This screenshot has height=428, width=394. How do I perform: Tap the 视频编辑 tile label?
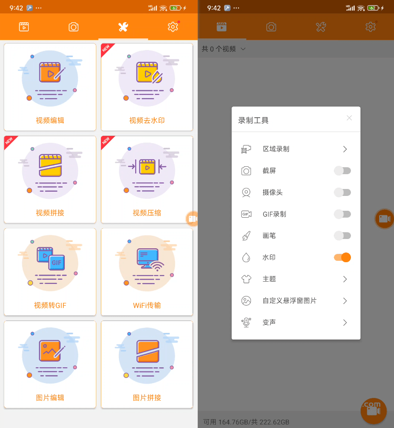pyautogui.click(x=50, y=120)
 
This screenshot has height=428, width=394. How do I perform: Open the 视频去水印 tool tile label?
pyautogui.click(x=147, y=120)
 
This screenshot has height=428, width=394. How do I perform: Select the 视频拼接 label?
pyautogui.click(x=50, y=213)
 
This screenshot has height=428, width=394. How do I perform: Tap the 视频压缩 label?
pyautogui.click(x=147, y=213)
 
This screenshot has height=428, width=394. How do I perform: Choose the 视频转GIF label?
pyautogui.click(x=50, y=306)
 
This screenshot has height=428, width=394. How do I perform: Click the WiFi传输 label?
pyautogui.click(x=147, y=306)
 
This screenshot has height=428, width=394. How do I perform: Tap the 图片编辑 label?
pyautogui.click(x=50, y=398)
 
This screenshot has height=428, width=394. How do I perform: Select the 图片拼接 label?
pyautogui.click(x=147, y=398)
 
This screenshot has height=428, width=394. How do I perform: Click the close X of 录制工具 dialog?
pyautogui.click(x=349, y=118)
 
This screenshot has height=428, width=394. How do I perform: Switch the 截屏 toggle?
pyautogui.click(x=343, y=171)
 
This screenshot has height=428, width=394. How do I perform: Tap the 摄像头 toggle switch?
pyautogui.click(x=343, y=192)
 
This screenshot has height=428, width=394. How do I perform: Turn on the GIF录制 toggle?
pyautogui.click(x=343, y=214)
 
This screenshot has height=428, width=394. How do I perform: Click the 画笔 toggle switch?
pyautogui.click(x=343, y=236)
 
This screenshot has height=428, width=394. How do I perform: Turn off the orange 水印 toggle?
pyautogui.click(x=343, y=257)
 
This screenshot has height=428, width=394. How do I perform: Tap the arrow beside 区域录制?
pyautogui.click(x=345, y=149)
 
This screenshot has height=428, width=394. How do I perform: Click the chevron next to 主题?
pyautogui.click(x=345, y=279)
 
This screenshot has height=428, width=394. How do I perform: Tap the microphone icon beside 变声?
pyautogui.click(x=246, y=322)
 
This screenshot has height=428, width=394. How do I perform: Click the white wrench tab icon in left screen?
pyautogui.click(x=123, y=27)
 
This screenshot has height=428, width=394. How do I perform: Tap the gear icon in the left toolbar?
pyautogui.click(x=173, y=27)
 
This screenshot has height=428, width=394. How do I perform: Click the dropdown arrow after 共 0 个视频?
pyautogui.click(x=243, y=49)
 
